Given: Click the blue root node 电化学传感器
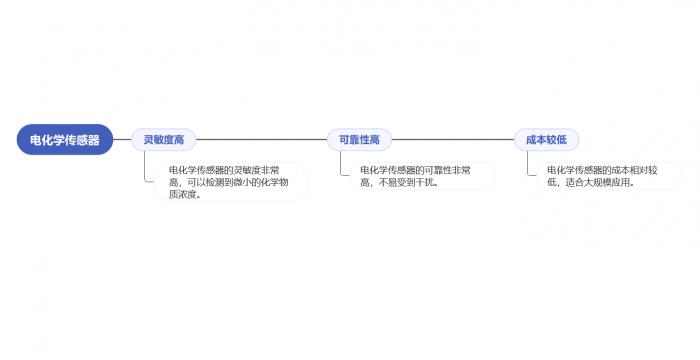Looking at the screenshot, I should point(65,140).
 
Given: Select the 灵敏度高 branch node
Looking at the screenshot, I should point(164,140).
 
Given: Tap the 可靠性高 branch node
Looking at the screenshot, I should point(359,140).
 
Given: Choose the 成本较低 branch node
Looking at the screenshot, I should point(546,140).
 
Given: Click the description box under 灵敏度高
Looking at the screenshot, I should point(230,182).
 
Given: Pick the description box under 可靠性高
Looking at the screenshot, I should point(421,176).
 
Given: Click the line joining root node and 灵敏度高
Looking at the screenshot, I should point(122,140).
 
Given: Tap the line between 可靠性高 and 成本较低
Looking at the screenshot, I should point(452,140).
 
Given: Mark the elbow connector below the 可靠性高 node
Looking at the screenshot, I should point(341,166).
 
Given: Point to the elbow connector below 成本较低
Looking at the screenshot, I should point(529,166).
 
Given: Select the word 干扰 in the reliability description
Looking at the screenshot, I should point(423,183).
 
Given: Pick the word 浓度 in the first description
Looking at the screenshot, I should point(186,195).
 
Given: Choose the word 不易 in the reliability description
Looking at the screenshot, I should point(385,183).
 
